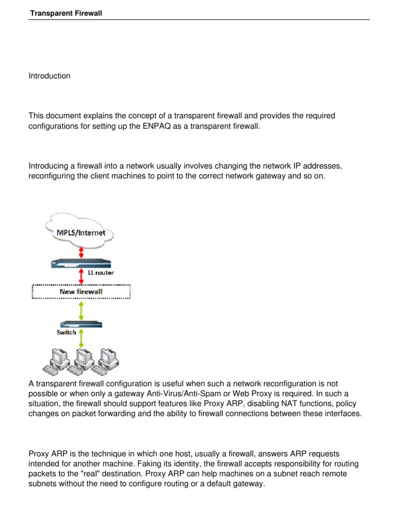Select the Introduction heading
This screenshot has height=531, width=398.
(x=49, y=76)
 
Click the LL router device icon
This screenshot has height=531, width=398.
(x=81, y=263)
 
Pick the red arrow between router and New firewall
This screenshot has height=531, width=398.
(x=81, y=275)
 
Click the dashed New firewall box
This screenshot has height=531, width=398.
(x=81, y=291)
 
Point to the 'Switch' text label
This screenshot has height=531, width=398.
(x=66, y=332)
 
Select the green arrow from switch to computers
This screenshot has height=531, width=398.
(x=81, y=338)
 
